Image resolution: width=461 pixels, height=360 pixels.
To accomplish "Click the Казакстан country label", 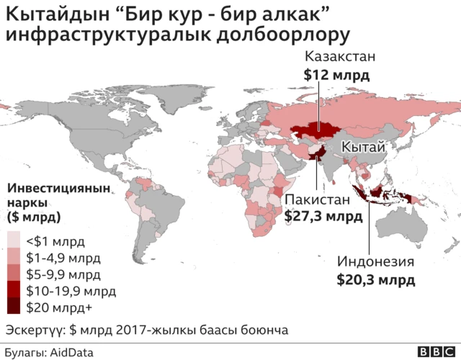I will pyautogui.click(x=341, y=57).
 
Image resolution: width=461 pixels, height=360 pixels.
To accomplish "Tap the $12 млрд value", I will pyautogui.click(x=336, y=74).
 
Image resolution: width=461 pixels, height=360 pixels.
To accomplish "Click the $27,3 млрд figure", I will pyautogui.click(x=324, y=215).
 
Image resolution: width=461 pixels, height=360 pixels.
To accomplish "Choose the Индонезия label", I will pyautogui.click(x=377, y=262).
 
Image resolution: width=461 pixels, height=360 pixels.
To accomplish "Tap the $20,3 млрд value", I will pyautogui.click(x=376, y=279).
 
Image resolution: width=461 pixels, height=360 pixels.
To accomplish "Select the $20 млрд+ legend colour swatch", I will pyautogui.click(x=14, y=307).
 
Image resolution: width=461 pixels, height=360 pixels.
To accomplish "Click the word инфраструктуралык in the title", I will pyautogui.click(x=109, y=34).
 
